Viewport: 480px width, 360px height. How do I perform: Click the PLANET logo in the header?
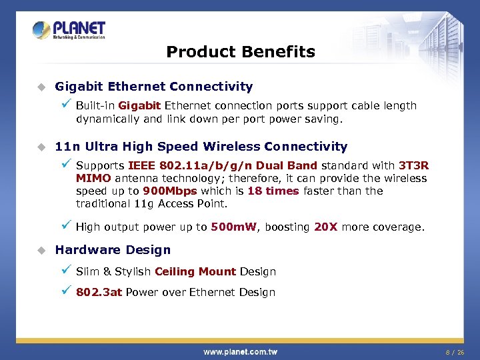[69, 31]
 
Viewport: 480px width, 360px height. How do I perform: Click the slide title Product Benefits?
[240, 52]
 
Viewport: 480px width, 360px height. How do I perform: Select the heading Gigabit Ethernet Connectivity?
[154, 87]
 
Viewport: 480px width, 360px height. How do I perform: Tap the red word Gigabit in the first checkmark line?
[139, 105]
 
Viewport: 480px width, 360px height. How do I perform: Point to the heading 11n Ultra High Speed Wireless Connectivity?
[201, 147]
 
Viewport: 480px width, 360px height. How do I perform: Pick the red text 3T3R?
[413, 165]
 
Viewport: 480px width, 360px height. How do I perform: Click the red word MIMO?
[93, 178]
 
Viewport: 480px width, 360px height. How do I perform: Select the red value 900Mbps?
[170, 191]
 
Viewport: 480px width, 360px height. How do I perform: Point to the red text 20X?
[325, 227]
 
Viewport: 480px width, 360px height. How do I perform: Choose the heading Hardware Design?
[113, 250]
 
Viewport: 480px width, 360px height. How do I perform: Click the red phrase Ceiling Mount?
[195, 271]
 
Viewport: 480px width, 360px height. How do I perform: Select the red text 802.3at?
[99, 292]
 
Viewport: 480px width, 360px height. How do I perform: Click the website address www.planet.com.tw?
[240, 351]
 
